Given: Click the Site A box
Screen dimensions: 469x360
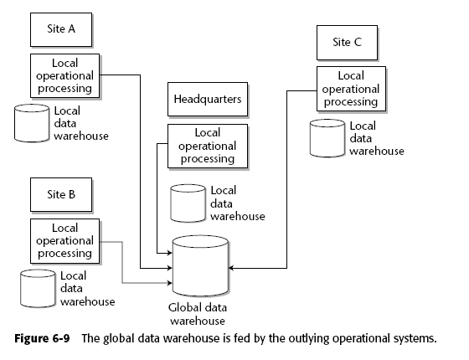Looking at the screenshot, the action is (61, 29).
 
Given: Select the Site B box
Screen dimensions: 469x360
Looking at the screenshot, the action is (61, 195).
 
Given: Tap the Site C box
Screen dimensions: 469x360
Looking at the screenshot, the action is (347, 43).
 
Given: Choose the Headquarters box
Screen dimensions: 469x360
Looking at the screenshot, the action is (208, 99).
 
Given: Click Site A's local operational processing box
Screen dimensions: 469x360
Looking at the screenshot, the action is (65, 75).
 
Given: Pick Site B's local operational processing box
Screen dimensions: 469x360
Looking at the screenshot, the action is (65, 241).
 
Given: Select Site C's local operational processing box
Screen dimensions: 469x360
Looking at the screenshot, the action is (351, 89).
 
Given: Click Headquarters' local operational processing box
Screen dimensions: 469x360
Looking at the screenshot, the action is (208, 147).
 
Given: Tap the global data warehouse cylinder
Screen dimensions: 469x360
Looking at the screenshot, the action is (200, 265).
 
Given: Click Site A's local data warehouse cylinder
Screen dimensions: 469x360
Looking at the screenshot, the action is (32, 123).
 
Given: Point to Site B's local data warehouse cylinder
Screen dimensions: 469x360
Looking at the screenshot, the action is (38, 289).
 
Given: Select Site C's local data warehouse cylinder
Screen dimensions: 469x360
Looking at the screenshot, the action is (327, 138).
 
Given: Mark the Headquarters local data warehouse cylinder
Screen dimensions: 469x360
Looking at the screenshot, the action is (188, 203).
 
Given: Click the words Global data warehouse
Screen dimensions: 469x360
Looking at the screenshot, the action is (198, 314).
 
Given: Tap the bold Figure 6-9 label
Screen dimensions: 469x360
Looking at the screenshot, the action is (42, 338).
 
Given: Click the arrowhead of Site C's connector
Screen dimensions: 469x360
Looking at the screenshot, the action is (230, 268).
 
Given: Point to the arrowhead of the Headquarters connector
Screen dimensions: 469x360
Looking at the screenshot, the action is (170, 253).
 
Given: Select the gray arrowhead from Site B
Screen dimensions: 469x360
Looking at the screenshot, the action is (170, 283).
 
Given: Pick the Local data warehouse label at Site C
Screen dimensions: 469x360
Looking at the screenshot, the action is (377, 138).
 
